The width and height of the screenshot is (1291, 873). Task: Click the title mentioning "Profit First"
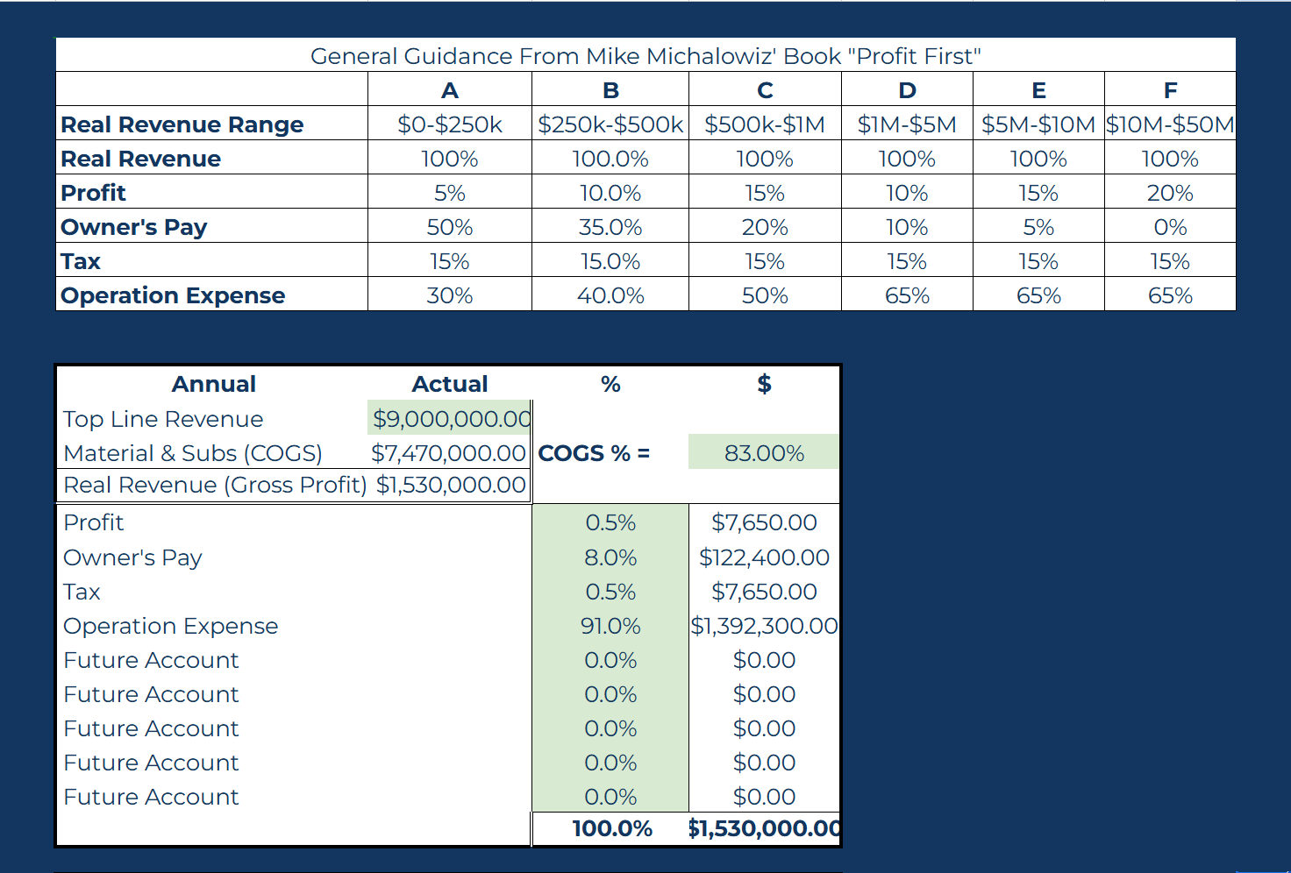(x=645, y=56)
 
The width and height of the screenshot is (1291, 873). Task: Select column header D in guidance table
(x=907, y=90)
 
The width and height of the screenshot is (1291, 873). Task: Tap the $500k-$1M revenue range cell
(x=765, y=124)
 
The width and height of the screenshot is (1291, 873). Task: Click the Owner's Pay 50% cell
(x=449, y=227)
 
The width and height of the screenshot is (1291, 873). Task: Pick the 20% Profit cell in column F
(x=1170, y=193)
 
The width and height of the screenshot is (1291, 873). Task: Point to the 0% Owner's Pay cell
(x=1170, y=227)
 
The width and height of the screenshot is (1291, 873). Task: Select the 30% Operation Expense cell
(x=449, y=295)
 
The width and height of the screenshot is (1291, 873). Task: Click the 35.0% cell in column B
(x=610, y=227)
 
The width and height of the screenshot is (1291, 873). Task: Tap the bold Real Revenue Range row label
(x=182, y=124)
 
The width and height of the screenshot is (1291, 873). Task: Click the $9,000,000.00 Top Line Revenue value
(x=451, y=419)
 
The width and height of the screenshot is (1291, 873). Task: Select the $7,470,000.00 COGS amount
(x=448, y=453)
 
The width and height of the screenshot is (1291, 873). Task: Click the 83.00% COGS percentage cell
(x=764, y=453)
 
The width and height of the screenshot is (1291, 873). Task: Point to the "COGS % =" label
(x=594, y=453)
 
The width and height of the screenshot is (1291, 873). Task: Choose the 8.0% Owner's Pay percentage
(x=610, y=557)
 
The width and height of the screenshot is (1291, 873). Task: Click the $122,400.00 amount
(x=764, y=557)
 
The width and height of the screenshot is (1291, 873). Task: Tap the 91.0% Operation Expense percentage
(x=610, y=626)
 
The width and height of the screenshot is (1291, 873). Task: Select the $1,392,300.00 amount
(x=764, y=626)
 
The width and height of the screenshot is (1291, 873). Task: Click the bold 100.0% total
(x=612, y=828)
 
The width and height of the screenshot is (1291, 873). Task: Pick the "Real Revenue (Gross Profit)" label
(x=215, y=485)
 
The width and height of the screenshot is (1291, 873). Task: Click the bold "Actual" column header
(x=450, y=384)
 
